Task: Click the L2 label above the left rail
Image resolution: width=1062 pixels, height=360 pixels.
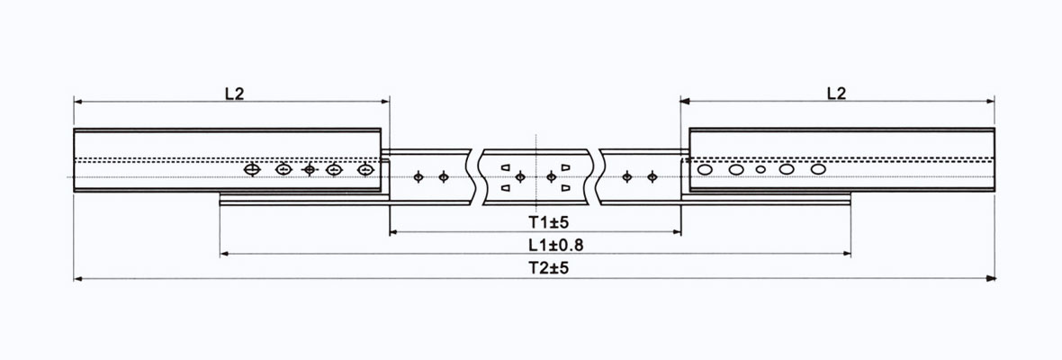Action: pyautogui.click(x=233, y=93)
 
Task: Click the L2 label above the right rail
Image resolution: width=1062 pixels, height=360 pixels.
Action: pyautogui.click(x=835, y=93)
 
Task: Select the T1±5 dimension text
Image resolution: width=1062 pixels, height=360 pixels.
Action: pyautogui.click(x=536, y=221)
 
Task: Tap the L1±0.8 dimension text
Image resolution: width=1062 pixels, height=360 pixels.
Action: pyautogui.click(x=536, y=244)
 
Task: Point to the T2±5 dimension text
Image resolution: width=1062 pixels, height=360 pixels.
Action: pyautogui.click(x=536, y=267)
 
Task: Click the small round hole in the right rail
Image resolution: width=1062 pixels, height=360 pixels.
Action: pyautogui.click(x=760, y=169)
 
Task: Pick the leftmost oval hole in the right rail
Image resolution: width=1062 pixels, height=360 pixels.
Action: pyautogui.click(x=705, y=169)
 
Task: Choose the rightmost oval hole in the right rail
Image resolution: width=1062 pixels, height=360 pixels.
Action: pyautogui.click(x=817, y=168)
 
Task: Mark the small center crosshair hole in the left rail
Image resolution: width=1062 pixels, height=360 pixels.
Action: pyautogui.click(x=310, y=169)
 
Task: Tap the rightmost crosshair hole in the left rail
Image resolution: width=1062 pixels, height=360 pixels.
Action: pyautogui.click(x=364, y=169)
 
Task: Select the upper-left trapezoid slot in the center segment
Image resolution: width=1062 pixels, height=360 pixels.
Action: pyautogui.click(x=506, y=168)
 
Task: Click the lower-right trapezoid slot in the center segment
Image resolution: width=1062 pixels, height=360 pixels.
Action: pyautogui.click(x=565, y=188)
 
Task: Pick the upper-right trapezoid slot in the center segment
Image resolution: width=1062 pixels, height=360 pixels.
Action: pyautogui.click(x=565, y=168)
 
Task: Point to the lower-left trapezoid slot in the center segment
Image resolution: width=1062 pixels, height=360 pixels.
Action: pyautogui.click(x=506, y=188)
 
